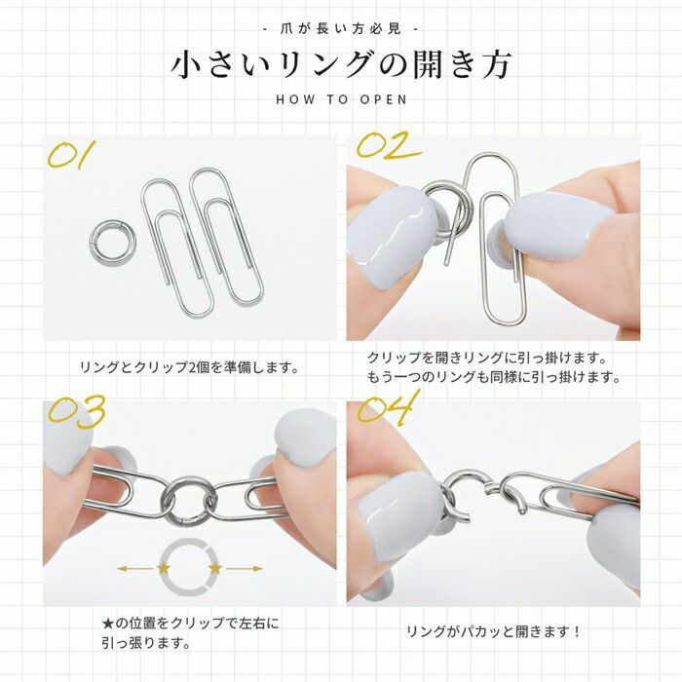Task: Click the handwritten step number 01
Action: pos(73,156)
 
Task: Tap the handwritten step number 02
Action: pos(387,146)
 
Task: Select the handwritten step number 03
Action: pos(75,412)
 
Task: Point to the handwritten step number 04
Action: pos(388,407)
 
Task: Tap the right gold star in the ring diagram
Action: pos(215,566)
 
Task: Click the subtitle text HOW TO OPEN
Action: pos(341,98)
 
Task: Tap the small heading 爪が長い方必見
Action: pos(341,28)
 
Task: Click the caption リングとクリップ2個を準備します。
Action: pos(188,368)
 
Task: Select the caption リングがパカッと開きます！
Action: pos(494,632)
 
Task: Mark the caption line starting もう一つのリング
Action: pos(493,377)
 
